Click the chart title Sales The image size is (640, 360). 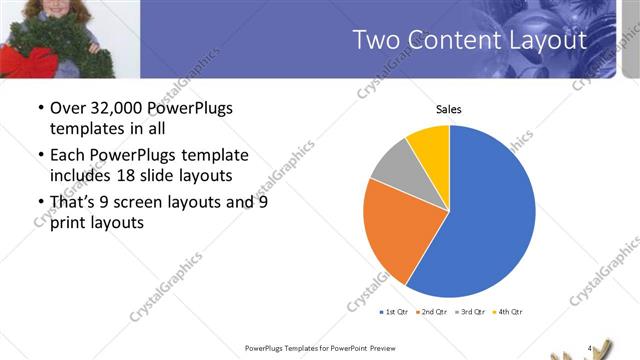click(x=448, y=109)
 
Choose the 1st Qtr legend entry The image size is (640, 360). click(x=395, y=312)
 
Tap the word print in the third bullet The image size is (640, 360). click(x=70, y=223)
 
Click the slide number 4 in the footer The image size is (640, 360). click(x=590, y=348)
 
